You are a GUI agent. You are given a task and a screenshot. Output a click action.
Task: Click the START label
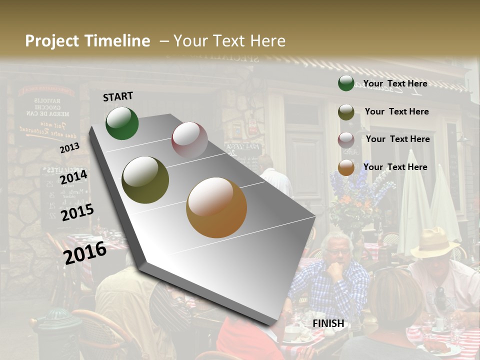[118, 96]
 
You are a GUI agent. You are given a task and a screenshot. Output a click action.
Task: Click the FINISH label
[328, 323]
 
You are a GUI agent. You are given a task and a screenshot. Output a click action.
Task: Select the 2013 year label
[69, 148]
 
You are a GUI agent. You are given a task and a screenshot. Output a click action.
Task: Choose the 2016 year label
[85, 252]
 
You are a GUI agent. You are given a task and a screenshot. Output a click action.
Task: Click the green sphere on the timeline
[122, 123]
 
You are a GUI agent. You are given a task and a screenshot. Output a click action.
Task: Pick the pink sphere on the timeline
[189, 140]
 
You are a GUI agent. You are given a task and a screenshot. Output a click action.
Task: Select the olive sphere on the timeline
[145, 180]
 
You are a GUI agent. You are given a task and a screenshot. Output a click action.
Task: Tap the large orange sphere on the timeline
[216, 207]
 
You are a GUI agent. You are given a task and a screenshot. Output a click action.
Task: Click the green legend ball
[346, 83]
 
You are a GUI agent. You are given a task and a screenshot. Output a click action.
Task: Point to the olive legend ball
[346, 112]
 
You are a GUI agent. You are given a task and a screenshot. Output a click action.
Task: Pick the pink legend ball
[346, 139]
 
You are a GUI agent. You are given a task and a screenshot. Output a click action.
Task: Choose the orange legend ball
[346, 167]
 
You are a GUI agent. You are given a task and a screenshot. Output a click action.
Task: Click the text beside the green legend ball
[395, 83]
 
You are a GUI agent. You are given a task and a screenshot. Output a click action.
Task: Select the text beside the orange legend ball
[395, 167]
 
